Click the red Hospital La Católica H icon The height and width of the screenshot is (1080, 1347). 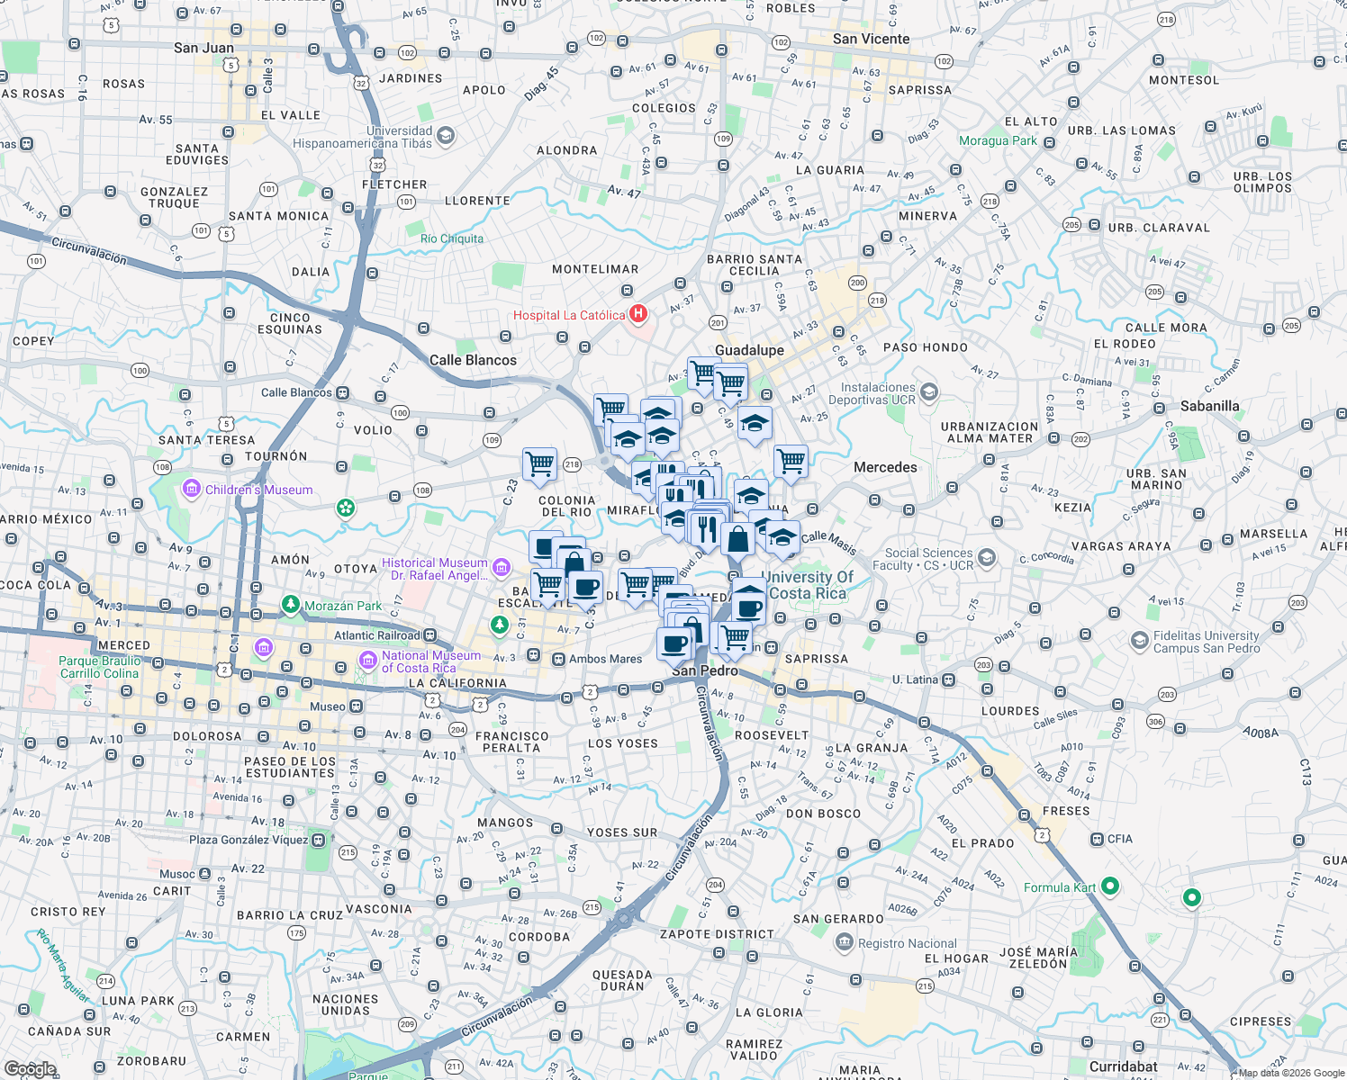click(x=638, y=314)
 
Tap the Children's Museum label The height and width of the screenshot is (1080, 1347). click(x=258, y=490)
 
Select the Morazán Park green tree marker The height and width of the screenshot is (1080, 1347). click(x=290, y=605)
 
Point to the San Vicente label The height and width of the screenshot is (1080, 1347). click(x=871, y=39)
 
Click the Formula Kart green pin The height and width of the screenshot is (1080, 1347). click(x=1110, y=886)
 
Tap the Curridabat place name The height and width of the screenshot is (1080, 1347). click(x=1123, y=1066)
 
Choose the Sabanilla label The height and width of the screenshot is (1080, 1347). click(x=1209, y=406)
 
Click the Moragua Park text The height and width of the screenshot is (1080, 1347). click(x=998, y=140)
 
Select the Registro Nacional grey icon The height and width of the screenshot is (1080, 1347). click(x=844, y=942)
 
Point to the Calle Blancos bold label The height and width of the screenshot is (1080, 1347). click(x=473, y=360)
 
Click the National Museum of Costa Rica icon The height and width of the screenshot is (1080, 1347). click(x=367, y=661)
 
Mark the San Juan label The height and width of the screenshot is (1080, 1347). click(x=203, y=48)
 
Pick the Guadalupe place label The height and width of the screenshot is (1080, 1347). click(x=749, y=350)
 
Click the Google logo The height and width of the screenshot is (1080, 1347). click(x=30, y=1068)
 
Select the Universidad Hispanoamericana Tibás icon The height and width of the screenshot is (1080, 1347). click(x=446, y=136)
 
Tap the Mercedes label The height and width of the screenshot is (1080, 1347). click(x=885, y=467)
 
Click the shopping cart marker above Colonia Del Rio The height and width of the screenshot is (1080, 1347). click(x=539, y=464)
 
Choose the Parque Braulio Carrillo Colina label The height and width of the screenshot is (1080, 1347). click(x=99, y=667)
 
